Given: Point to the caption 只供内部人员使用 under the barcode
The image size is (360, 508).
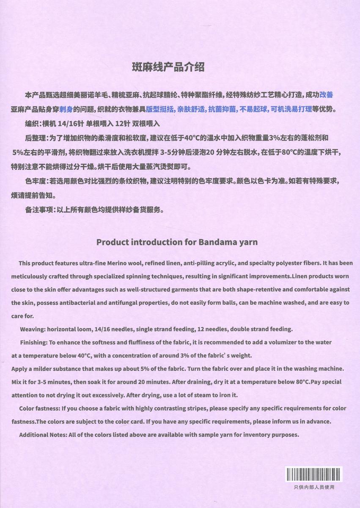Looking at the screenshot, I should [314, 487].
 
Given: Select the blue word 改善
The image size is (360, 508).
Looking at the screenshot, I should [329, 95].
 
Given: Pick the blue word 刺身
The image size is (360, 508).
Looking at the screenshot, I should [66, 109].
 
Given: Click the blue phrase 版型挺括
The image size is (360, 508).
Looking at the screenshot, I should [160, 109].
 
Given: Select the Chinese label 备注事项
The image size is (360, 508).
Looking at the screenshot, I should [38, 210].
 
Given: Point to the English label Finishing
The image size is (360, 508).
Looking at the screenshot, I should [33, 342].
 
